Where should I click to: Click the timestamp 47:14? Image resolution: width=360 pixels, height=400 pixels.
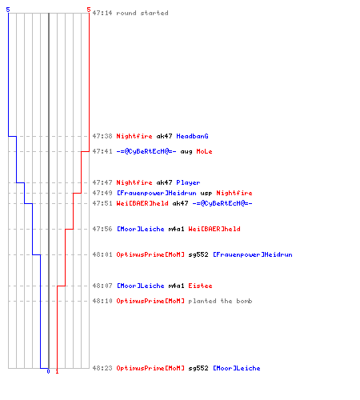[x=102, y=13]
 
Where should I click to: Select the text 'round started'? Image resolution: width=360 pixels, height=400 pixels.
[x=142, y=13]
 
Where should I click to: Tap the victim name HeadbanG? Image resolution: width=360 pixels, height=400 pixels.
[x=192, y=136]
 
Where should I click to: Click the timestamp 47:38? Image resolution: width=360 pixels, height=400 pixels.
[x=102, y=136]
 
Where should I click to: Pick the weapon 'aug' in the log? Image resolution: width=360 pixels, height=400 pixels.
[x=186, y=151]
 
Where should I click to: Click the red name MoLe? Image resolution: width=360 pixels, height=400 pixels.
[x=204, y=151]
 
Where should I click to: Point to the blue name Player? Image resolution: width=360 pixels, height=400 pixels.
[x=188, y=182]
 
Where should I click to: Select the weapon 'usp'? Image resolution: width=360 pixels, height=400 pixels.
[x=206, y=193]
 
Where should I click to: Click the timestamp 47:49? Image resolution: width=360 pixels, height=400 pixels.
[x=102, y=193]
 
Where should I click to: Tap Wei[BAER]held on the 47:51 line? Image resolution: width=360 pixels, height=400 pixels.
[x=142, y=203]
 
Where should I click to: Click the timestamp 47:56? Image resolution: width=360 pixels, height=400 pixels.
[x=102, y=229]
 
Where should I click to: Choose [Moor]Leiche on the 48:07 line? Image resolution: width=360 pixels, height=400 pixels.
[x=141, y=286]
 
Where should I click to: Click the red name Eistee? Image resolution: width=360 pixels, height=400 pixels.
[x=200, y=286]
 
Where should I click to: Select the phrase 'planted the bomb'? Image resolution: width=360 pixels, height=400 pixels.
[x=220, y=301]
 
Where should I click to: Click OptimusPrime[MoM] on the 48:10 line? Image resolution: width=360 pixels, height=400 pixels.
[x=150, y=301]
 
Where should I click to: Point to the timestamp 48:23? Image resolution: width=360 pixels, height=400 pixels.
[x=102, y=368]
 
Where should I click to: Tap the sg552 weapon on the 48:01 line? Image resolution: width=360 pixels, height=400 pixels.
[x=198, y=254]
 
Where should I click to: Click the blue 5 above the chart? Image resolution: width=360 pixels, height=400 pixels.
[x=8, y=10]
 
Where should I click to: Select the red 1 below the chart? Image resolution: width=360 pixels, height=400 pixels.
[x=57, y=371]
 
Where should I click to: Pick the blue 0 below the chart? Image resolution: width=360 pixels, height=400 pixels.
[x=48, y=371]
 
